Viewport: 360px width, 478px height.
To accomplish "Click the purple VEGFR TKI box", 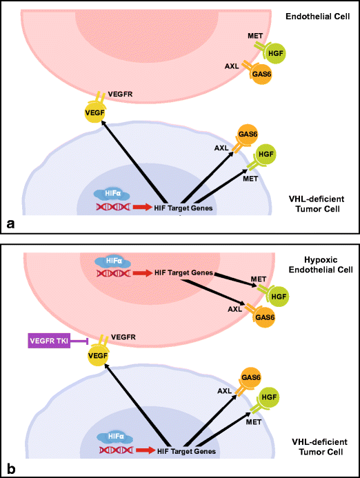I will pos(52,341).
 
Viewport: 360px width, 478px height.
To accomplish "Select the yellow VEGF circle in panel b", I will pos(99,356).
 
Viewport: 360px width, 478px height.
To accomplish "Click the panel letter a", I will pos(10,223).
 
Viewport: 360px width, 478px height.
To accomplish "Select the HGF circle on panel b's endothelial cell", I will pos(279,295).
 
